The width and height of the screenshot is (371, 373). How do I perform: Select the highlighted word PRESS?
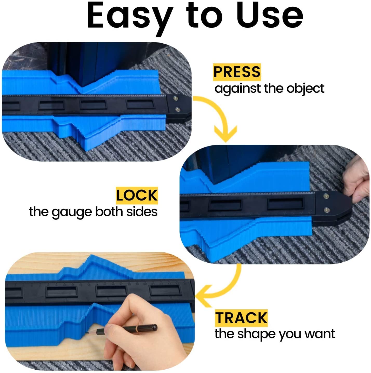237,72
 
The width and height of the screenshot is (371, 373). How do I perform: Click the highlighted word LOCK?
137,195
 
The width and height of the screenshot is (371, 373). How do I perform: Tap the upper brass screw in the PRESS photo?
176,98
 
